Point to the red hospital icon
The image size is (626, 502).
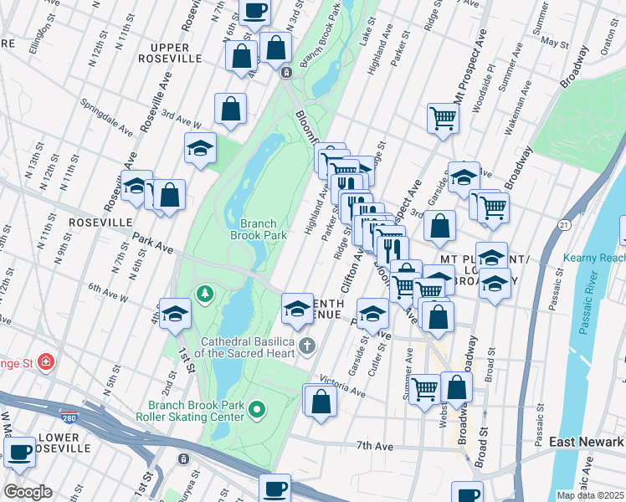click(46, 361)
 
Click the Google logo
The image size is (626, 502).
click(27, 492)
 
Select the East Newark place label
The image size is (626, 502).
click(587, 441)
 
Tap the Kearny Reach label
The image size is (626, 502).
click(596, 259)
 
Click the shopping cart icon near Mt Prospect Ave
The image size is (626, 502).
click(443, 117)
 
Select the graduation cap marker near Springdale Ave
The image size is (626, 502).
click(200, 148)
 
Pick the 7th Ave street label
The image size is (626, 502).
click(374, 446)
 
